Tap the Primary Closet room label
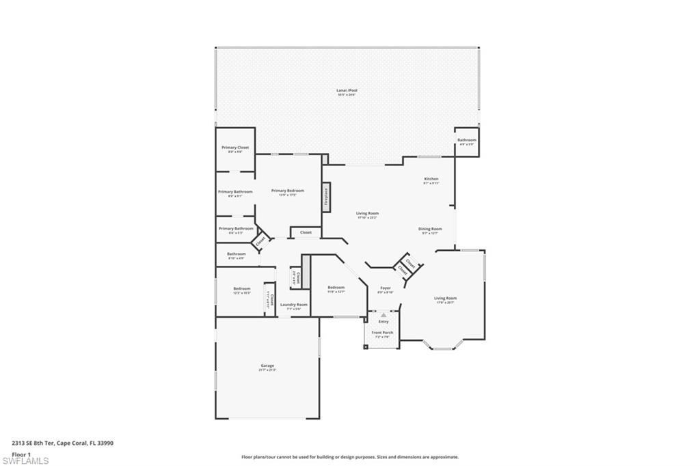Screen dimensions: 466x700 234,148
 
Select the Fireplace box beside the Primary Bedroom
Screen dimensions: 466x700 326,197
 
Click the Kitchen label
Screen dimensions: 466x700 431,179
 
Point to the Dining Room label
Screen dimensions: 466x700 430,229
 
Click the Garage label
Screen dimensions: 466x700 267,366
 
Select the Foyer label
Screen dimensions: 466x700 386,288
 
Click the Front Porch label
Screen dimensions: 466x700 381,333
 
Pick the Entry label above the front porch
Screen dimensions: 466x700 383,321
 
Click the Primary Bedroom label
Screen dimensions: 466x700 287,191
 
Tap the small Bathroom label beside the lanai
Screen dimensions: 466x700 467,140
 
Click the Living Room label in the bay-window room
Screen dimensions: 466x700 445,298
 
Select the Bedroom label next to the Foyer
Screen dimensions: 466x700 336,287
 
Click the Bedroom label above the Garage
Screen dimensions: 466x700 242,288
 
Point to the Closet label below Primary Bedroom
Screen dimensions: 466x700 306,232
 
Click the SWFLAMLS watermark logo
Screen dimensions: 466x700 25,461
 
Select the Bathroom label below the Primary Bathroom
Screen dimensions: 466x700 236,254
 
